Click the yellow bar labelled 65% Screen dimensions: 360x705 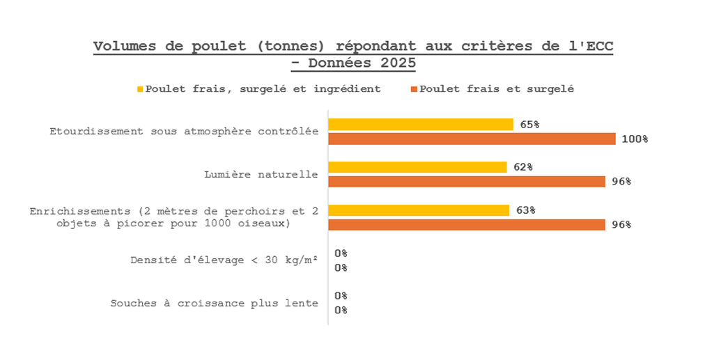[421, 125]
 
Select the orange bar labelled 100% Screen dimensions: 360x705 [472, 139]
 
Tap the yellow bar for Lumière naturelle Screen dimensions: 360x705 [417, 167]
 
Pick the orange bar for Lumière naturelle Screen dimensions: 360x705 [467, 182]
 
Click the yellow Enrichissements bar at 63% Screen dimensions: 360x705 [419, 210]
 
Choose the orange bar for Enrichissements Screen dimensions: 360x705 [467, 225]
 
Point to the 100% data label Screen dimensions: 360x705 [635, 139]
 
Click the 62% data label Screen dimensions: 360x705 [524, 167]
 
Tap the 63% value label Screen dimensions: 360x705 [526, 210]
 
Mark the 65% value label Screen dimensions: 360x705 [529, 125]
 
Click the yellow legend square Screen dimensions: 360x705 [140, 89]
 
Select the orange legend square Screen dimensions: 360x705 [414, 89]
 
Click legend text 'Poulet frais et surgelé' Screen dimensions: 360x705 [497, 89]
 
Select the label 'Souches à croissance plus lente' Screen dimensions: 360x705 [215, 303]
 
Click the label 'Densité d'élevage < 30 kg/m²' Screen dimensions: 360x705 [224, 260]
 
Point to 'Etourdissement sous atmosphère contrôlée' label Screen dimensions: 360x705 [184, 131]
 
